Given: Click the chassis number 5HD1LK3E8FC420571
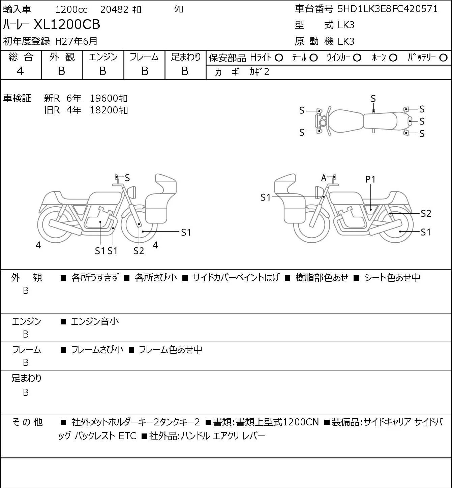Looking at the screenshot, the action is (x=387, y=9).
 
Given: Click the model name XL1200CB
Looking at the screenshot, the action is (x=67, y=24).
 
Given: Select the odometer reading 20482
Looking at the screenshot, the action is (x=114, y=9).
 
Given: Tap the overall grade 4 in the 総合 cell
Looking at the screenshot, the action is (x=20, y=71).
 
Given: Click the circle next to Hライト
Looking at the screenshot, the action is (x=279, y=58).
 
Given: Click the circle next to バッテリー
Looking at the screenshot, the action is (x=443, y=58).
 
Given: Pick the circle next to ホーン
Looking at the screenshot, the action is (x=393, y=58).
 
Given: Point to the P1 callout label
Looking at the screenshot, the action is (x=370, y=179).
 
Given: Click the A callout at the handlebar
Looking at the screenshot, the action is (x=324, y=178).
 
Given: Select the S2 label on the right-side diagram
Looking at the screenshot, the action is (x=426, y=213).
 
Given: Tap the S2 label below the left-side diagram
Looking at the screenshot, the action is (x=139, y=251).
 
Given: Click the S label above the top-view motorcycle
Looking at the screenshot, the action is (x=373, y=99).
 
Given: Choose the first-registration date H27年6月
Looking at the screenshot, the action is (x=76, y=41).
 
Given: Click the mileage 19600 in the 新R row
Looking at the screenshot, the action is (x=104, y=98).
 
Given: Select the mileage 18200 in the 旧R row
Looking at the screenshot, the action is (x=104, y=110).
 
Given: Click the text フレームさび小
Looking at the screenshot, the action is (x=97, y=349).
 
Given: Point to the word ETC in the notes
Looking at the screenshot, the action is (x=127, y=436).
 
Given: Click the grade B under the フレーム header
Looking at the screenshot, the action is (x=145, y=71).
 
